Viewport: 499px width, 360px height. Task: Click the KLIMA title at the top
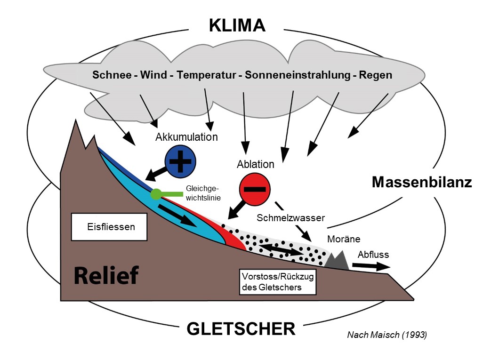click(x=237, y=25)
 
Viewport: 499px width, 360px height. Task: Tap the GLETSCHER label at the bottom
click(x=241, y=329)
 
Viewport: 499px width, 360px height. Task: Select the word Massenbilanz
click(x=422, y=182)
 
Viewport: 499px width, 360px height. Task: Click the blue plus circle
click(x=180, y=161)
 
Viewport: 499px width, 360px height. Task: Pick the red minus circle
click(x=255, y=189)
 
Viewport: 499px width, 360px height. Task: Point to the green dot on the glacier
click(x=156, y=194)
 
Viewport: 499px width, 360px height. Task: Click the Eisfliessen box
click(x=109, y=227)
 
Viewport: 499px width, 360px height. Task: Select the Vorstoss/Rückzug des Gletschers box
click(x=277, y=282)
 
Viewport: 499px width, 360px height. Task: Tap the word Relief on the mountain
click(x=106, y=275)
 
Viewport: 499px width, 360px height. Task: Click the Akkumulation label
click(x=186, y=137)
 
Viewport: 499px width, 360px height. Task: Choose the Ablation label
click(x=256, y=164)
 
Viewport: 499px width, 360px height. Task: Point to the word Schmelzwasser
click(x=290, y=218)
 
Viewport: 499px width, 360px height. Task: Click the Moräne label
click(x=344, y=239)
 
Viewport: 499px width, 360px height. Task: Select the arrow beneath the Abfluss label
click(x=371, y=266)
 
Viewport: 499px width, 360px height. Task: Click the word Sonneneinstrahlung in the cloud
click(x=298, y=75)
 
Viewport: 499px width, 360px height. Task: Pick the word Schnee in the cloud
click(x=112, y=75)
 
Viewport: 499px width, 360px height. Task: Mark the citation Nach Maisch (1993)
click(x=387, y=335)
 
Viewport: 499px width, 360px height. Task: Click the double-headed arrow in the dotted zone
click(x=281, y=249)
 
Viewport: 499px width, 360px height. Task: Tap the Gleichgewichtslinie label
click(x=203, y=193)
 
